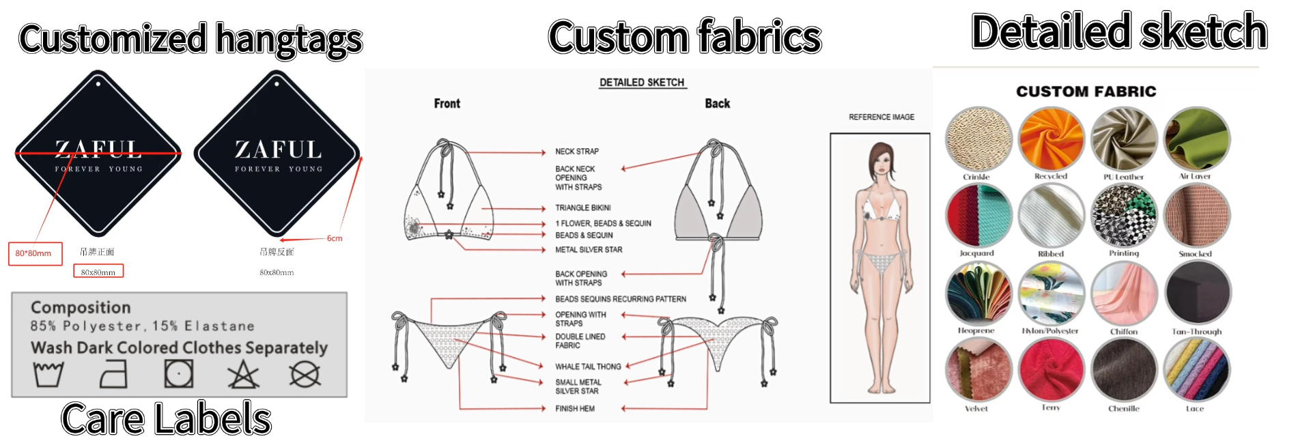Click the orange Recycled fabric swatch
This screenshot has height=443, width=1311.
[x=1051, y=139]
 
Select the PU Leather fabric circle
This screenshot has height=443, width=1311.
[x=1124, y=139]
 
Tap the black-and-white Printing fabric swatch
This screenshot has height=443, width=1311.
[x=1124, y=215]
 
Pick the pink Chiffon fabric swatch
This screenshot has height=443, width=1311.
[x=1124, y=294]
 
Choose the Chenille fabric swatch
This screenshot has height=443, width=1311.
[x=1124, y=370]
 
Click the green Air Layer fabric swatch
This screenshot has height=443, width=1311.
[x=1196, y=139]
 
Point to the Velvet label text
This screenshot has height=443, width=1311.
[x=976, y=409]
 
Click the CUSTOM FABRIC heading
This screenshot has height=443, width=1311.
[x=1086, y=91]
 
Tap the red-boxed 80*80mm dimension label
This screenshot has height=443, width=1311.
[x=34, y=253]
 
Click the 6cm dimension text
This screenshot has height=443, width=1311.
[x=335, y=238]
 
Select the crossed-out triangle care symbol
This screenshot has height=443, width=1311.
[x=243, y=375]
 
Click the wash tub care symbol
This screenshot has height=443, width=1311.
[x=48, y=375]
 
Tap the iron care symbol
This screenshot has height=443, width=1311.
[x=113, y=375]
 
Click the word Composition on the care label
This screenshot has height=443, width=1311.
[x=81, y=307]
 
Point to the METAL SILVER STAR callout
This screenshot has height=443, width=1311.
[x=589, y=250]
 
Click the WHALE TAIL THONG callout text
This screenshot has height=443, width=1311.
[x=588, y=367]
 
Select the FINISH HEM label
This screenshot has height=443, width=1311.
[x=575, y=409]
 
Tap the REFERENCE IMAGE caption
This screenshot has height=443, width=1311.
[x=882, y=117]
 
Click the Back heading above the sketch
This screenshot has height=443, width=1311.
[x=717, y=104]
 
